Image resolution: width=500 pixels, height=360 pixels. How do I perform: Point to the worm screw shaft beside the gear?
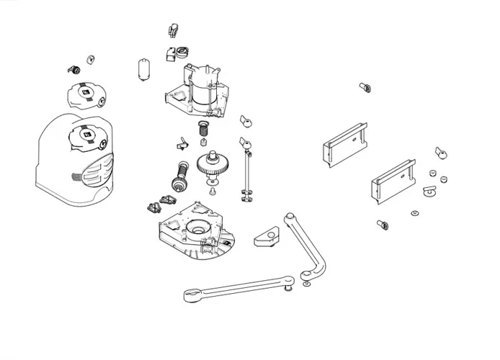(179, 176)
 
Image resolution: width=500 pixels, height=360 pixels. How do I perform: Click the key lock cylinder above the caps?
(73, 69)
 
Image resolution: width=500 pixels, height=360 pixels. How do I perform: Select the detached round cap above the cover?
(86, 94)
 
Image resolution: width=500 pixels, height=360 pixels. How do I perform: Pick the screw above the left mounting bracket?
(365, 87)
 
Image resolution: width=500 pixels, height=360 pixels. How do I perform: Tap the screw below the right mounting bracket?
(383, 225)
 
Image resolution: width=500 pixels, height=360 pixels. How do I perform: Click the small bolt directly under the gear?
(213, 191)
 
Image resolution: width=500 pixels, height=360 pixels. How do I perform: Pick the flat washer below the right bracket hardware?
(415, 212)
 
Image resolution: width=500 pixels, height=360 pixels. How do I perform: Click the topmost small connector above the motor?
(172, 30)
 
